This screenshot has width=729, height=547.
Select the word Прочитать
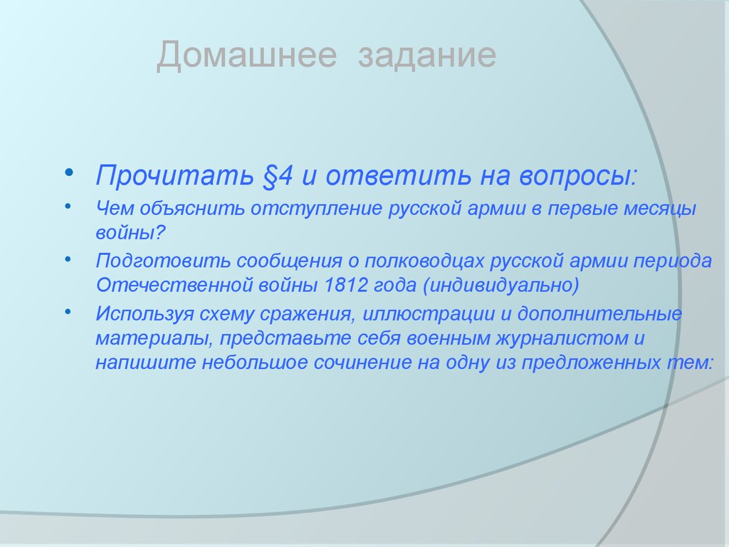click(x=174, y=176)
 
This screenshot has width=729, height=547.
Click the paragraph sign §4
click(x=278, y=177)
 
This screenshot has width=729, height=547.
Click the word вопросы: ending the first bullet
click(x=577, y=177)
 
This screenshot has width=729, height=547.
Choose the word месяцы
click(x=659, y=209)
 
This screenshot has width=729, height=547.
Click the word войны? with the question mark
click(x=130, y=233)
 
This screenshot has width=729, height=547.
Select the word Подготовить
click(x=163, y=261)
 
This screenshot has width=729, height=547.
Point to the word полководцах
click(x=424, y=261)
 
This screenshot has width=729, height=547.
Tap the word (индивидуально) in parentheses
click(x=500, y=286)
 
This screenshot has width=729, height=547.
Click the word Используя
click(x=145, y=314)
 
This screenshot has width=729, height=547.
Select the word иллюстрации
click(x=428, y=314)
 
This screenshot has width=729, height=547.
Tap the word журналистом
click(x=561, y=338)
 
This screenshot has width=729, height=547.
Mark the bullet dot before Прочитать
click(x=69, y=172)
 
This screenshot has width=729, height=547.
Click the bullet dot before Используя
click(x=68, y=311)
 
